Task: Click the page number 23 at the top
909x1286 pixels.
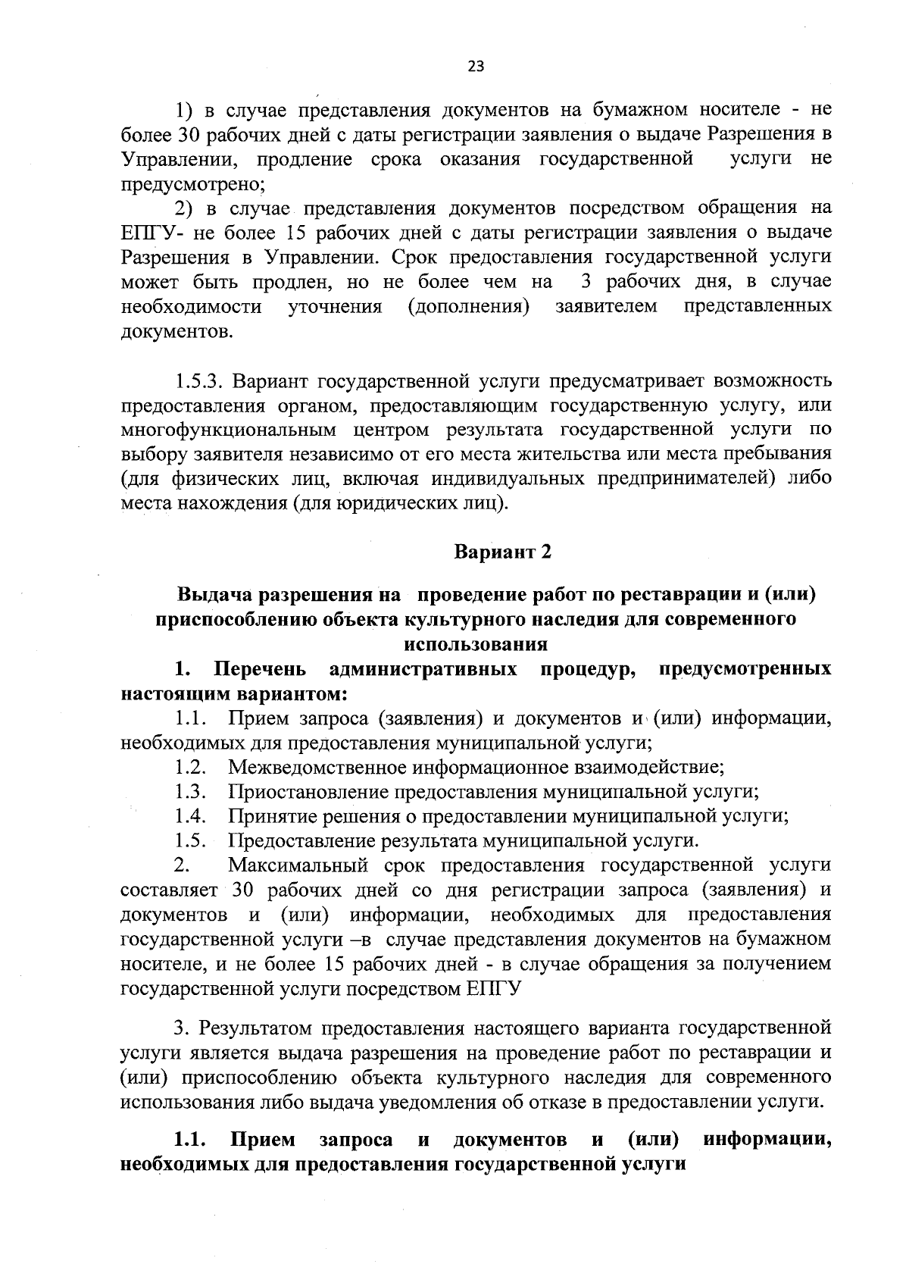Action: point(476,66)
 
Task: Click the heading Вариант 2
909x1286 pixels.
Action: point(502,552)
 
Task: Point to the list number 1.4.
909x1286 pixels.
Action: point(190,816)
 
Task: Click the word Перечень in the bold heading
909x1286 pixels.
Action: point(261,669)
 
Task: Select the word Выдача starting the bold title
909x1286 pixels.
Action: point(210,595)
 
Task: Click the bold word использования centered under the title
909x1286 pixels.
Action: point(476,644)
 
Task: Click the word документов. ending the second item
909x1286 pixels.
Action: point(176,332)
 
